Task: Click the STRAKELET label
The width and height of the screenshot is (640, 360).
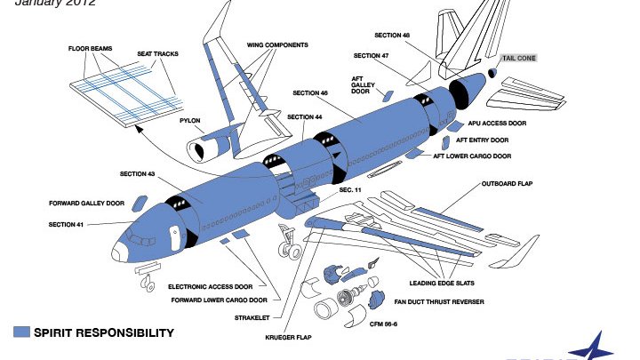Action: tap(252, 317)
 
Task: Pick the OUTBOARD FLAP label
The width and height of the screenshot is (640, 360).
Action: tap(507, 184)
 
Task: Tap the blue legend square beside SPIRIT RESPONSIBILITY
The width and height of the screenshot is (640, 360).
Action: tap(22, 332)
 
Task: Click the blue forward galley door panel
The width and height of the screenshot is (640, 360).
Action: tap(139, 204)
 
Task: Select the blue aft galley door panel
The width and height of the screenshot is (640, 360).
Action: tap(387, 95)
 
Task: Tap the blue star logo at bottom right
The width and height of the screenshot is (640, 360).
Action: tap(613, 347)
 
